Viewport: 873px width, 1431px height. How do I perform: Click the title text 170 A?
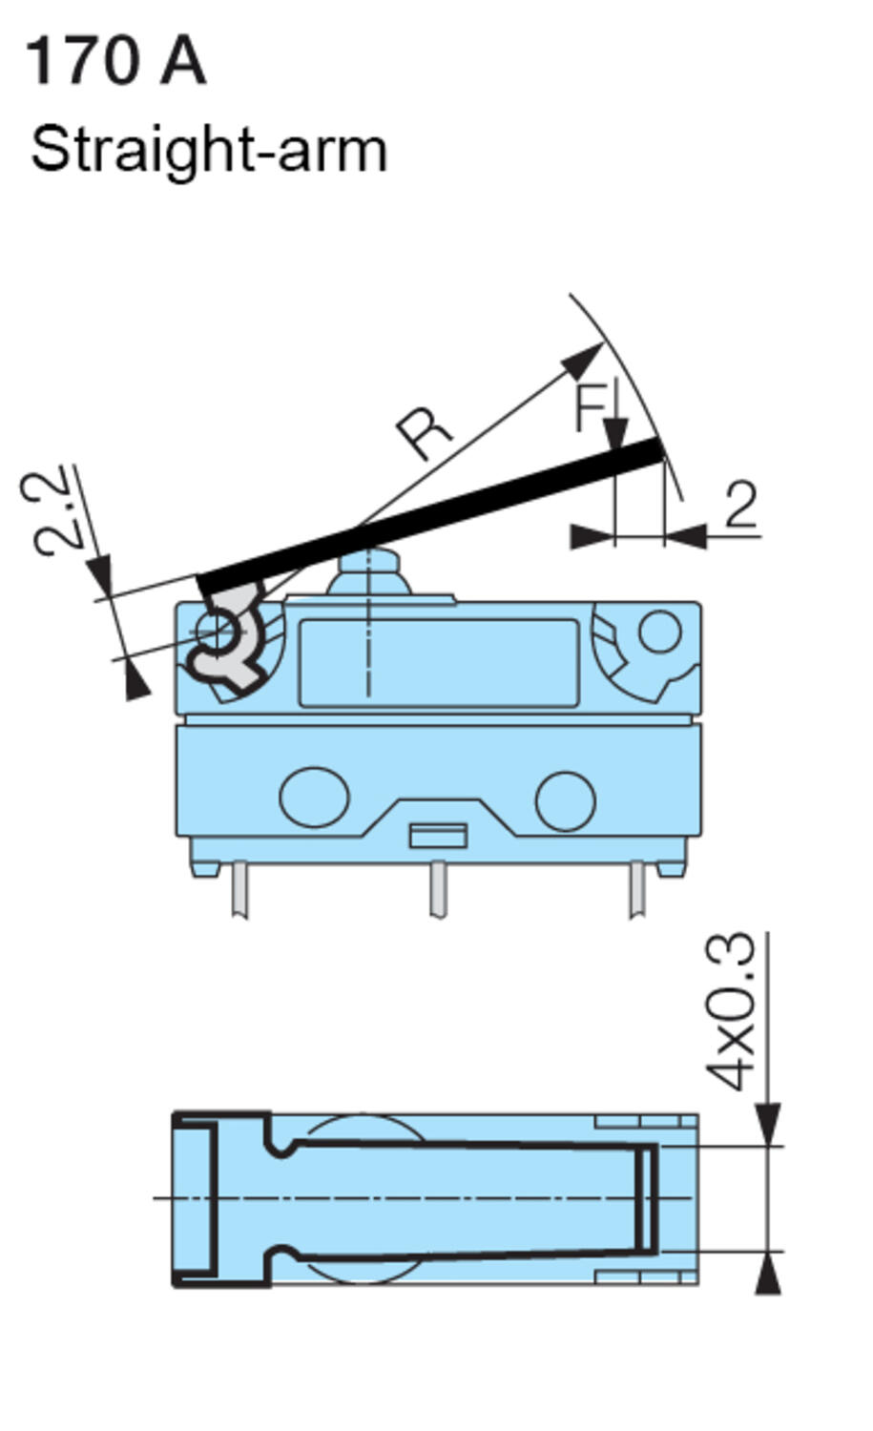point(114,61)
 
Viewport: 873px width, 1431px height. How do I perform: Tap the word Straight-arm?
point(208,151)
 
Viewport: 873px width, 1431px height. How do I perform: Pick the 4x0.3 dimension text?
point(733,1011)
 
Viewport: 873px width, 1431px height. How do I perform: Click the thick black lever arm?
point(429,515)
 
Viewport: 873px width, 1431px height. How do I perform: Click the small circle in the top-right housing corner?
point(659,631)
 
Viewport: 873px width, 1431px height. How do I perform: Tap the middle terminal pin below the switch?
point(438,889)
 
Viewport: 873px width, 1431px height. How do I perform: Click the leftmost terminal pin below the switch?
point(239,889)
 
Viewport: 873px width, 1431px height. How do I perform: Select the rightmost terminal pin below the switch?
point(636,889)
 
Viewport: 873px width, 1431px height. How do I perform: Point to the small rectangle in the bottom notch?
point(438,836)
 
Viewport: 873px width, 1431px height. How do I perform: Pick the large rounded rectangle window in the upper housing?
point(439,663)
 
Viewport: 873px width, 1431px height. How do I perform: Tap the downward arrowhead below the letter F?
point(615,434)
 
